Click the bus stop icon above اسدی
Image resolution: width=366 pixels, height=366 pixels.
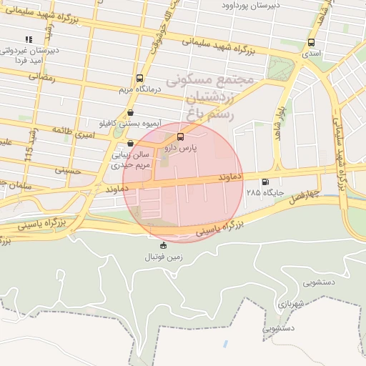tap(312, 43)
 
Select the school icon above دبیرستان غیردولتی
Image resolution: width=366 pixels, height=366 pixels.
tap(28, 39)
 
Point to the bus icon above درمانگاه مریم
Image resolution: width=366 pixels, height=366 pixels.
tap(138, 79)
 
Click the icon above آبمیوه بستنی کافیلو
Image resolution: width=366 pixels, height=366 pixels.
tap(130, 113)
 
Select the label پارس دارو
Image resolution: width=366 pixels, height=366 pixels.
tap(179, 148)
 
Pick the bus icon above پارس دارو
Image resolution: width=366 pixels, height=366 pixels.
tap(179, 136)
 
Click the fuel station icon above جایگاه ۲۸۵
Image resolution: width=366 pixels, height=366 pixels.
tap(266, 182)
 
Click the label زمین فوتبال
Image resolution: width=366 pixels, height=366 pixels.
tap(164, 256)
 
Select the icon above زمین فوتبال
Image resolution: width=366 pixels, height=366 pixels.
tap(164, 245)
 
